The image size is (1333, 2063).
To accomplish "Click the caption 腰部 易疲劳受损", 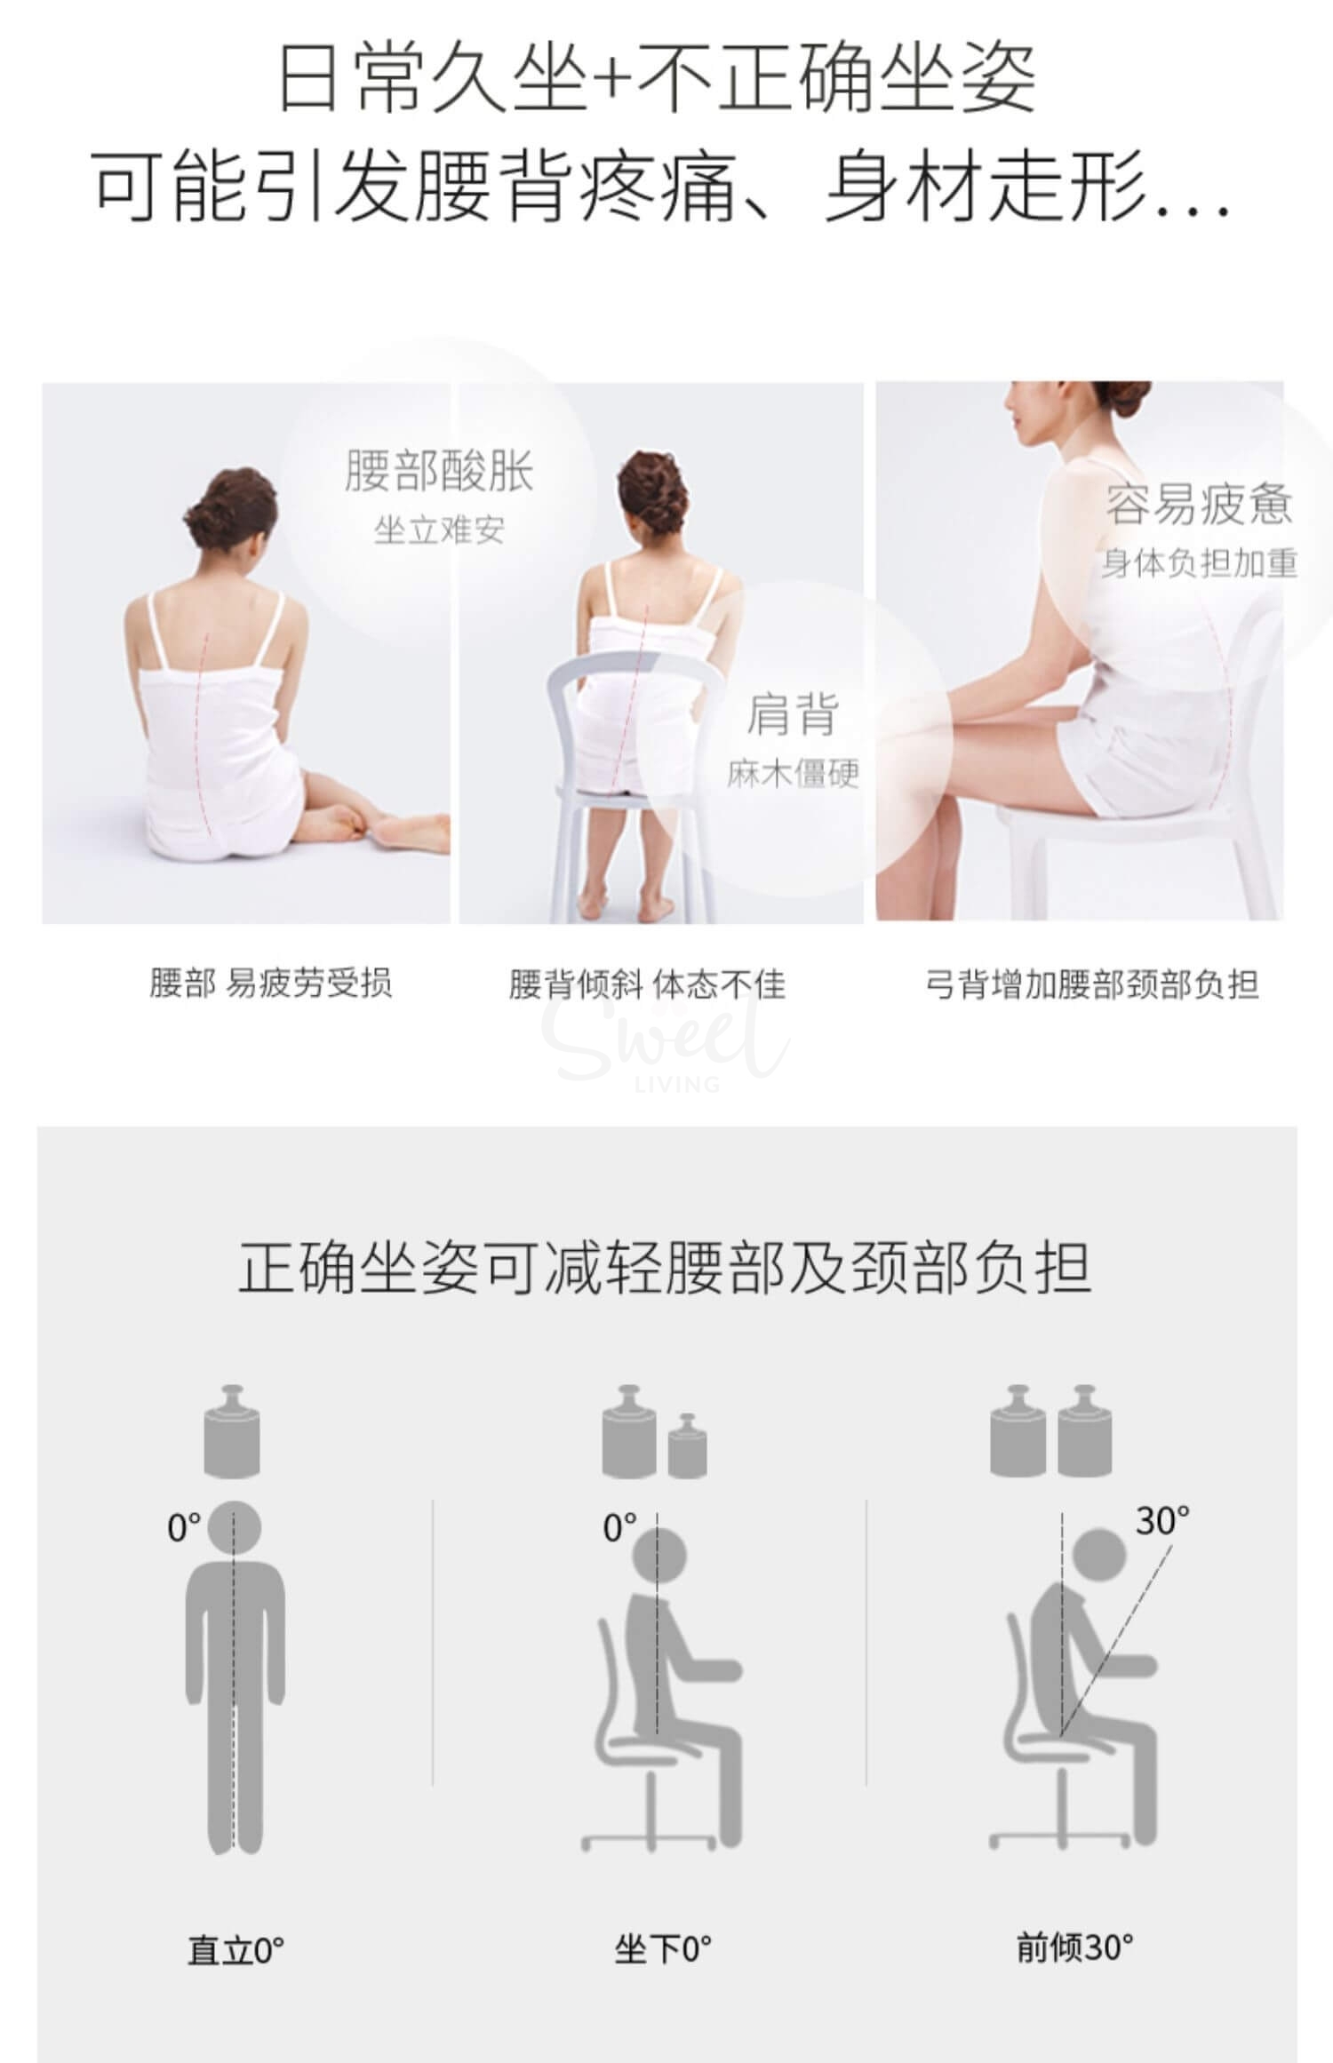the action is (x=271, y=984).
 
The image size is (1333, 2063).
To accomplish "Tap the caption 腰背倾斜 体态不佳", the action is (x=647, y=984).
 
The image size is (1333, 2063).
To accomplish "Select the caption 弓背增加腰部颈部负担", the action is (x=1091, y=984).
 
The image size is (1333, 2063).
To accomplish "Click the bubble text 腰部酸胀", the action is (x=439, y=471).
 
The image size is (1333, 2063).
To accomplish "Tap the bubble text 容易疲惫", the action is (x=1199, y=504).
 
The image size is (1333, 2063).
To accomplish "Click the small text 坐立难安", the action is (x=439, y=530).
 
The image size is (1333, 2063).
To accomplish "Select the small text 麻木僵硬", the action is (x=793, y=774).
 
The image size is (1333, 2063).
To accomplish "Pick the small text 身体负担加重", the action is (x=1200, y=563).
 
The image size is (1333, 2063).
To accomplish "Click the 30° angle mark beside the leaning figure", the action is (x=1161, y=1521).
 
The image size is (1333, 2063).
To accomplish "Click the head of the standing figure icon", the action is (x=235, y=1527).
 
